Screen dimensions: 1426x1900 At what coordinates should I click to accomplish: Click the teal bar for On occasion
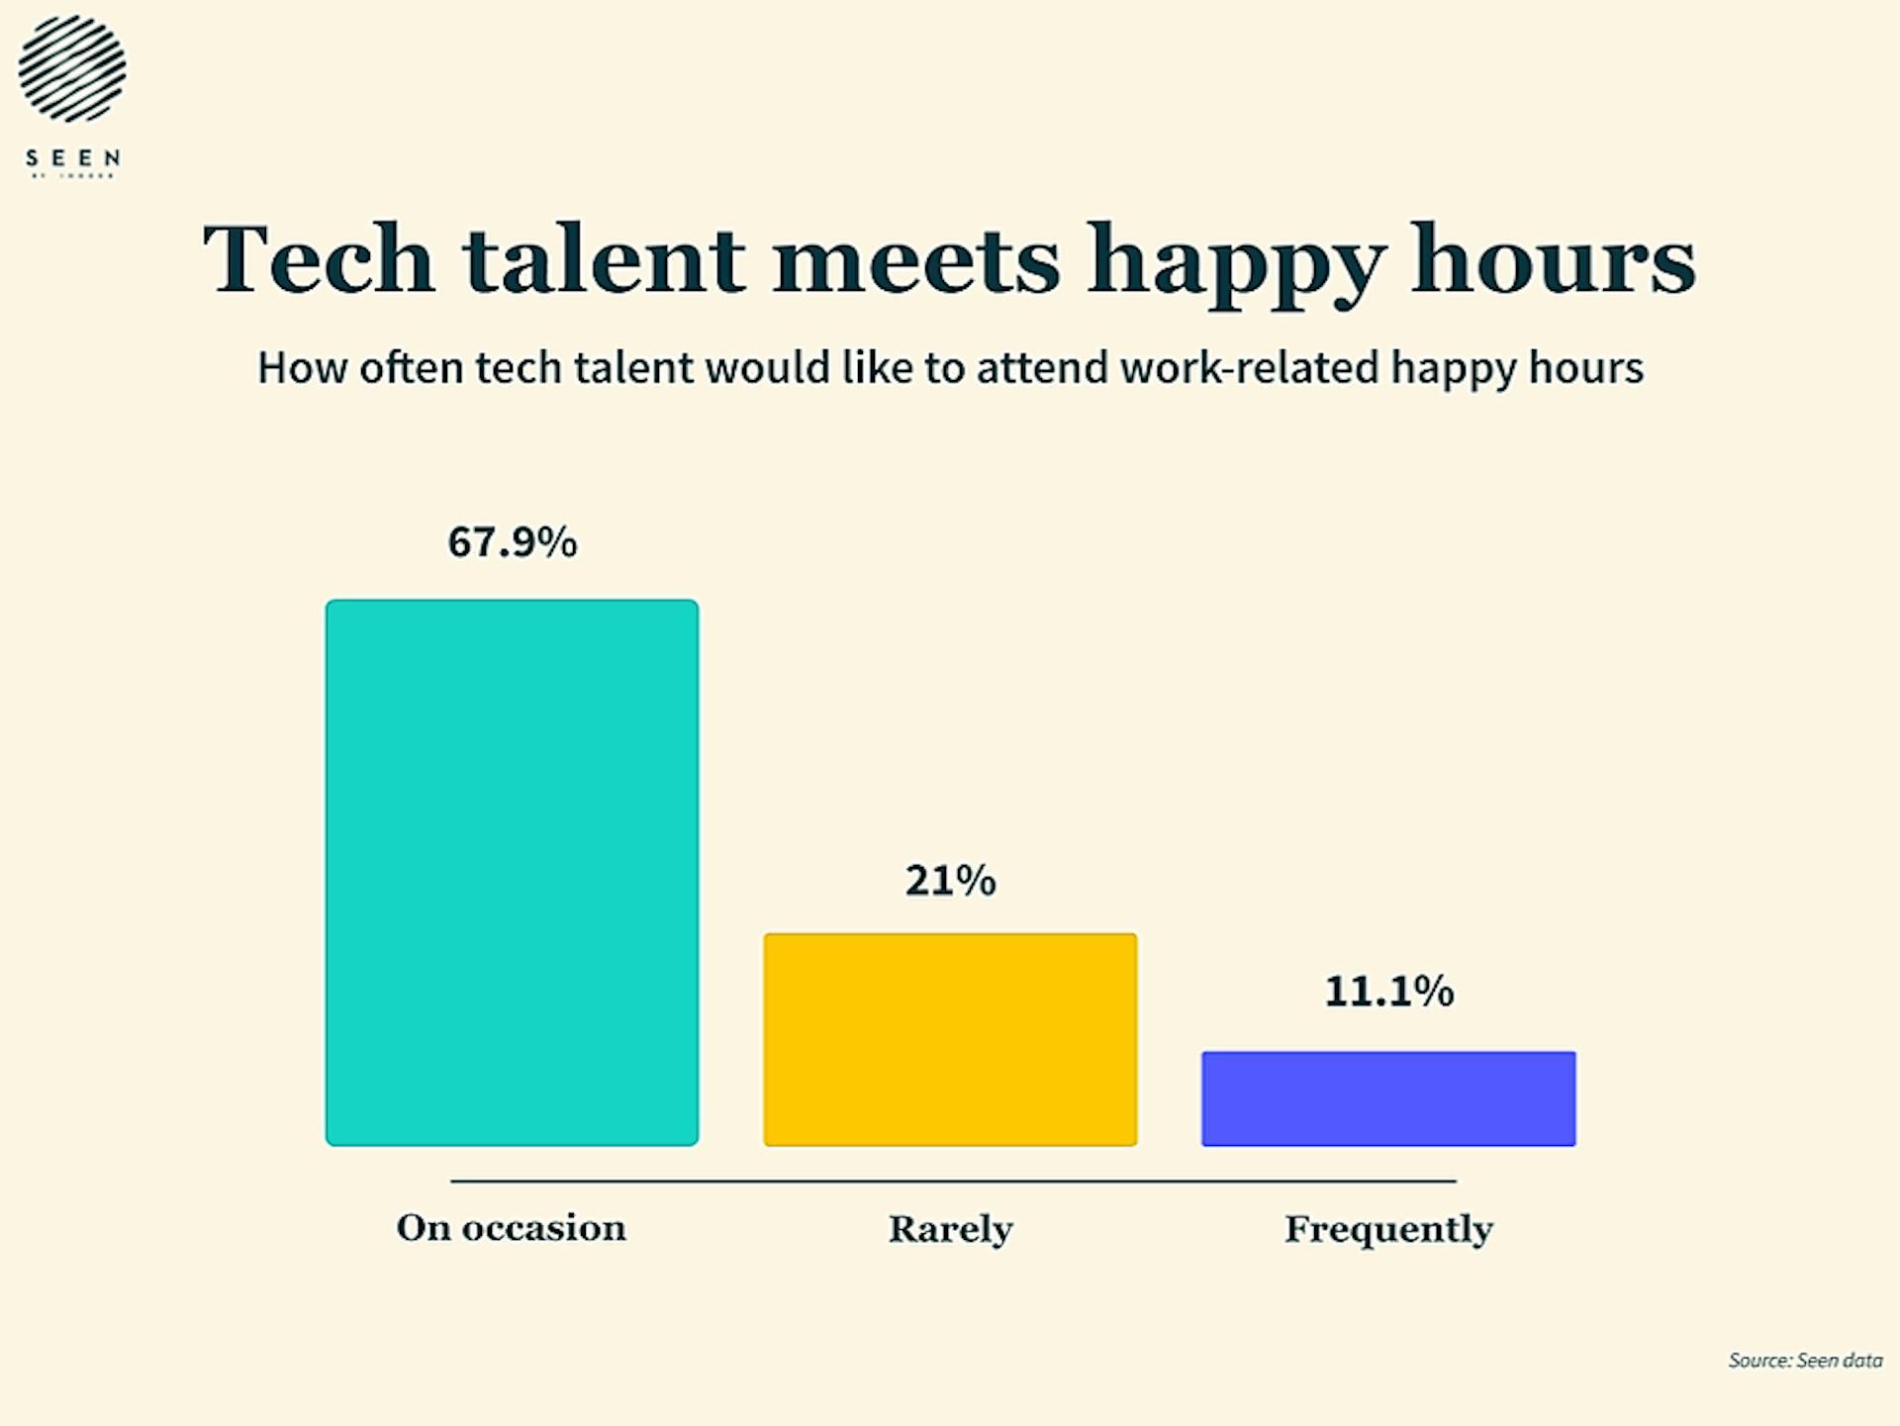coord(512,872)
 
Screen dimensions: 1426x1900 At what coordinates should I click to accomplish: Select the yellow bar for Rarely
coord(950,1039)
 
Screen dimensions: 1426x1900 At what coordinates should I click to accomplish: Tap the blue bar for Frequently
coord(1388,1098)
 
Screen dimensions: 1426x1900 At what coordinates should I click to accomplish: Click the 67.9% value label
coord(512,542)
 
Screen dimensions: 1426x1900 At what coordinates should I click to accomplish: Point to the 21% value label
coord(950,880)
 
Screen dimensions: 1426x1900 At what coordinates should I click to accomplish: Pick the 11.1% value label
coord(1388,991)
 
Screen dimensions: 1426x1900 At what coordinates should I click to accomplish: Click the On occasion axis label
coord(511,1228)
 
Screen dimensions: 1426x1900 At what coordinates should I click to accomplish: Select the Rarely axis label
coord(950,1229)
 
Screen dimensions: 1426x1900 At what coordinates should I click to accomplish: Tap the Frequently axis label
coord(1388,1229)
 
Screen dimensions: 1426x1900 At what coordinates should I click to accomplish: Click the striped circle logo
coord(72,68)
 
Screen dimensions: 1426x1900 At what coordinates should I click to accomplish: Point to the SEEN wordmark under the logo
coord(72,158)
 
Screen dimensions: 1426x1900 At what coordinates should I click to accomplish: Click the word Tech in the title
coord(319,259)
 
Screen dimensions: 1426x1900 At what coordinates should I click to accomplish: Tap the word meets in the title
coord(916,259)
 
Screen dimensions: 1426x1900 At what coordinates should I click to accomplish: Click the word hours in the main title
coord(1553,259)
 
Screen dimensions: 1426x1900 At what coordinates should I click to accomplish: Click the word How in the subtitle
coord(302,367)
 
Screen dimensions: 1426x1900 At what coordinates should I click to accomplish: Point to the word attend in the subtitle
coord(1042,367)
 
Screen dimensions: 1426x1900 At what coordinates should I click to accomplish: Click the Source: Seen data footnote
coord(1804,1361)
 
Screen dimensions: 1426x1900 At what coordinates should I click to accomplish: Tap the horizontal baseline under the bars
coord(952,1181)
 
